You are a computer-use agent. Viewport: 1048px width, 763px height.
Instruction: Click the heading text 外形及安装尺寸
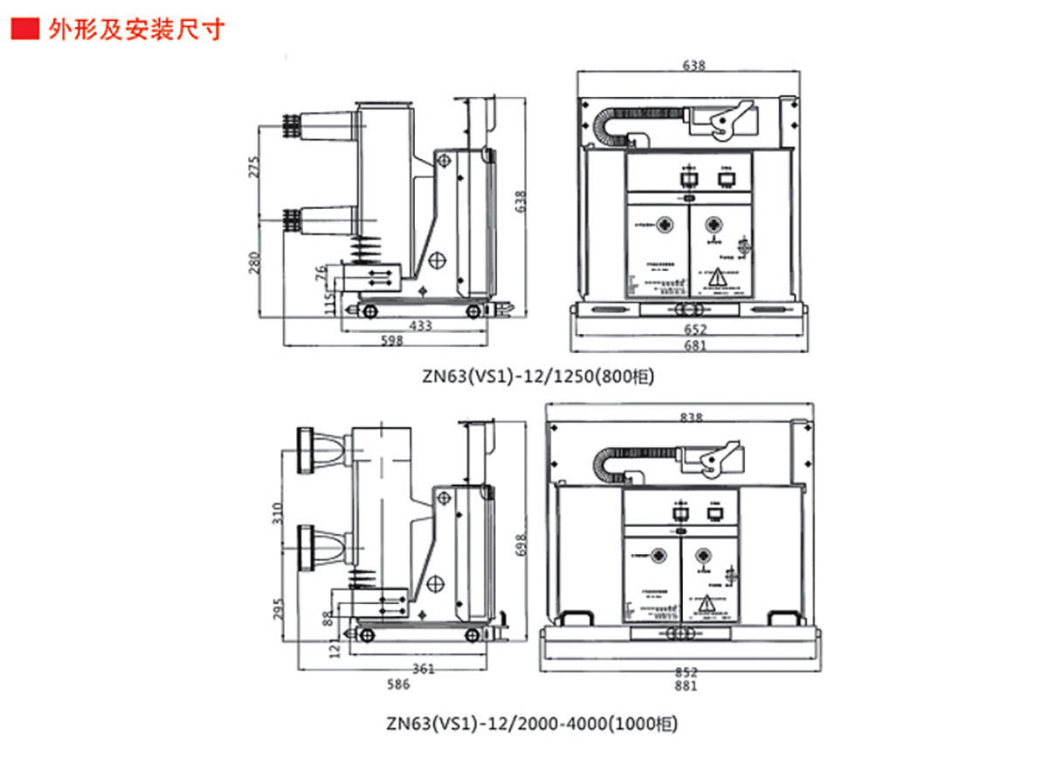[x=136, y=29]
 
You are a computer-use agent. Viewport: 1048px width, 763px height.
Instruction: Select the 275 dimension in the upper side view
[x=254, y=168]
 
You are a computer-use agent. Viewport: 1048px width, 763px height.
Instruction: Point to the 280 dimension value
[x=254, y=262]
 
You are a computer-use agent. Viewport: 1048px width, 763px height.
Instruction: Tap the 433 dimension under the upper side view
[x=421, y=326]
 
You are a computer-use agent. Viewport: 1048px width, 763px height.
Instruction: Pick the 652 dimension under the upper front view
[x=696, y=329]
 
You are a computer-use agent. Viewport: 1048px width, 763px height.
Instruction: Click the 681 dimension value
[x=696, y=345]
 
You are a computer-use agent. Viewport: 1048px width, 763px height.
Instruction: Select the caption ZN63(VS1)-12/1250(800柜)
[x=537, y=377]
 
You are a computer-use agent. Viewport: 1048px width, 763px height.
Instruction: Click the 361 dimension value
[x=423, y=669]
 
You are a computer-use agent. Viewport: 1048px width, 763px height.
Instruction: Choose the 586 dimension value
[x=398, y=684]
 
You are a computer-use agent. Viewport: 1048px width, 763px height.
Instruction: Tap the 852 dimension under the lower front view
[x=686, y=672]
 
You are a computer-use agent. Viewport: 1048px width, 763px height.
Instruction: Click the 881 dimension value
[x=686, y=687]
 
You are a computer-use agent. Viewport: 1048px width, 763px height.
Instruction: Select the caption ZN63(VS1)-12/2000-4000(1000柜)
[x=531, y=724]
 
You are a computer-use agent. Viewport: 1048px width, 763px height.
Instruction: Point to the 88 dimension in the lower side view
[x=327, y=618]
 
